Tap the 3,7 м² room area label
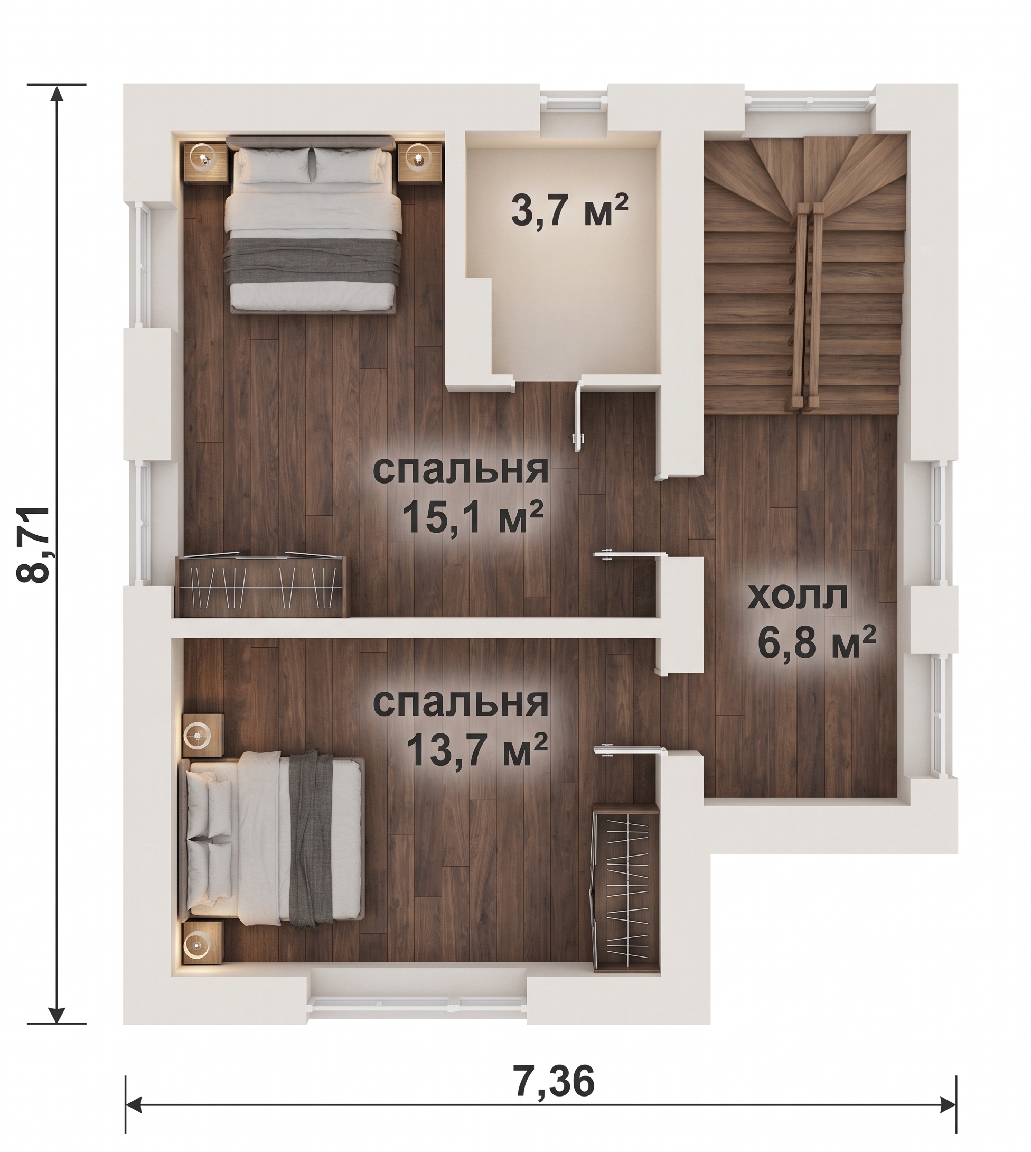570,210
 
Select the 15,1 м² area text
472,517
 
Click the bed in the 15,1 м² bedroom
313,222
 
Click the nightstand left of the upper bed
204,162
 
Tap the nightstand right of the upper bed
419,162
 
